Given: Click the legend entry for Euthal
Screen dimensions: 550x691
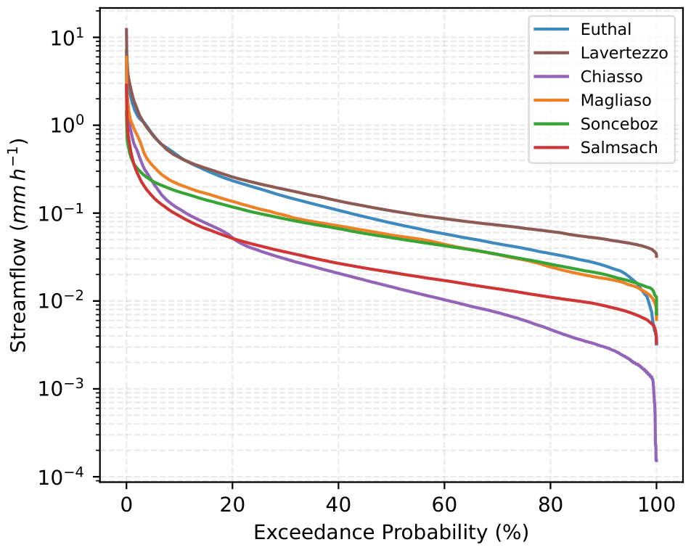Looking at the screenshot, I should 605,30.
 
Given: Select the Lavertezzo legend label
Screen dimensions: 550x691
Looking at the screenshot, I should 623,53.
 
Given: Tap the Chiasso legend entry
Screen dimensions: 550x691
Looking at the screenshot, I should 611,76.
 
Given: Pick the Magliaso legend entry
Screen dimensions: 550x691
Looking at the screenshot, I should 616,100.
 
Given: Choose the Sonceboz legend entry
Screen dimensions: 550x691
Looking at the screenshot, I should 618,124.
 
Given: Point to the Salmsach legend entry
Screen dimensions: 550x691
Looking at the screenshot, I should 618,147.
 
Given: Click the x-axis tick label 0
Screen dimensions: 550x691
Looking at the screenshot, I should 126,503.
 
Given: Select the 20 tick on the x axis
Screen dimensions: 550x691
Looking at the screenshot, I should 232,503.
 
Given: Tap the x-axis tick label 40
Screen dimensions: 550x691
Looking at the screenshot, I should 338,503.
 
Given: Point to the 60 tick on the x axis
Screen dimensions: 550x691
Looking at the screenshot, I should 444,503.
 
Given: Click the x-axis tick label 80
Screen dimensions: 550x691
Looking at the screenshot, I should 550,503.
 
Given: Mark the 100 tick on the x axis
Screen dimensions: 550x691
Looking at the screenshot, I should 656,503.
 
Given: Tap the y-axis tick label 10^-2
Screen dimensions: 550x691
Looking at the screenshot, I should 67,300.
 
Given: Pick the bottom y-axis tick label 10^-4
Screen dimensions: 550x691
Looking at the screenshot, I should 67,477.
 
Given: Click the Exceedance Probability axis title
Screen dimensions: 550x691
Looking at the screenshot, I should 391,532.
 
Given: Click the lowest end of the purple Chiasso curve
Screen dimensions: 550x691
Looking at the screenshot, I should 656,460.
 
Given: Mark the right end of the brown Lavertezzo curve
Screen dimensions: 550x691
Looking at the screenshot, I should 656,255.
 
